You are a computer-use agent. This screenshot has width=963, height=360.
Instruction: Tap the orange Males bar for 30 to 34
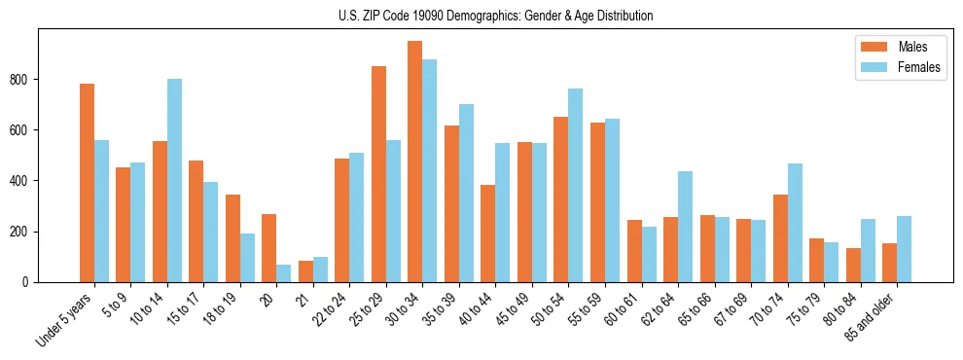[415, 162]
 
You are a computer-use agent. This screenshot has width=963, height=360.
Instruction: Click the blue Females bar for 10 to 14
[174, 181]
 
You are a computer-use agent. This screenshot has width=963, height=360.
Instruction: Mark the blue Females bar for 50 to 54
[576, 186]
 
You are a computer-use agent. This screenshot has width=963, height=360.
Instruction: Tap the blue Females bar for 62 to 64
[685, 227]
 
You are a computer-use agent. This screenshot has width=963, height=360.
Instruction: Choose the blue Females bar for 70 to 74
[795, 223]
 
